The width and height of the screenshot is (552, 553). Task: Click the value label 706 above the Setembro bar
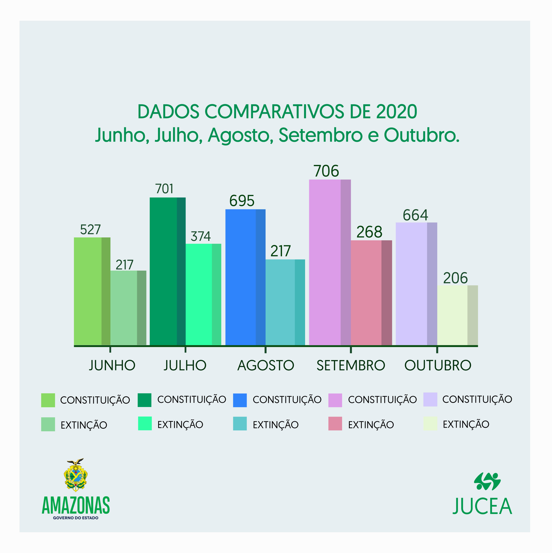click(326, 171)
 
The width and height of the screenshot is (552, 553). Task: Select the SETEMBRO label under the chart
click(351, 365)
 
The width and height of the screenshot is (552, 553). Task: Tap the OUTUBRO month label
click(438, 365)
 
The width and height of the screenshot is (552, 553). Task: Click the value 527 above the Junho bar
click(90, 230)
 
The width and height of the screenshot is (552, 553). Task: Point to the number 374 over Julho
click(201, 236)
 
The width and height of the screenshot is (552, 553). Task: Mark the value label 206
click(455, 278)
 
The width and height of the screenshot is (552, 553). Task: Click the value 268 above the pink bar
click(369, 232)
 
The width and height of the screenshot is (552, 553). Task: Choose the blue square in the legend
click(240, 400)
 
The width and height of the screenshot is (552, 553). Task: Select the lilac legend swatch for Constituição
click(430, 400)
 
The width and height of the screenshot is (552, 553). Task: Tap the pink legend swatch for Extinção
click(335, 424)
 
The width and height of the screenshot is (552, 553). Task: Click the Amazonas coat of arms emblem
click(75, 475)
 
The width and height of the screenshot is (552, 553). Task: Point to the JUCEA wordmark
click(482, 506)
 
